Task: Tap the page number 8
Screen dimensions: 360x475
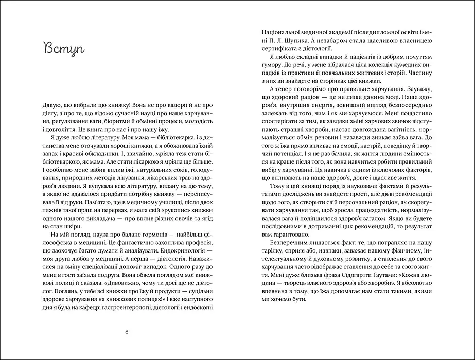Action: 127,331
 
